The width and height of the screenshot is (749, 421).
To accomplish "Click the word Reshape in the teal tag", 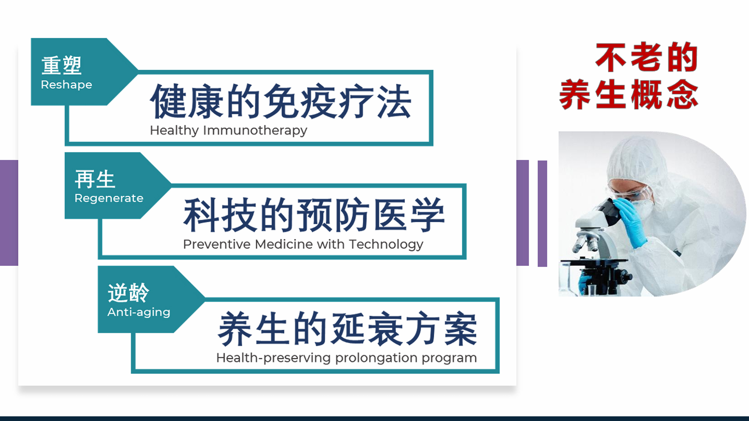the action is (x=66, y=85).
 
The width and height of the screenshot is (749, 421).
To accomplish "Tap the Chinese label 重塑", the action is (x=61, y=65).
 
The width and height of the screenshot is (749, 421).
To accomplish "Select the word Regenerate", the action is (x=109, y=198).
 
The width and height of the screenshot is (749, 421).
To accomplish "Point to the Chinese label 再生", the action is (x=95, y=179).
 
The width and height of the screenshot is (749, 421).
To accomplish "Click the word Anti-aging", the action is (x=139, y=312).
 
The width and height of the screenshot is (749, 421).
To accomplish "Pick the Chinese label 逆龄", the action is (x=128, y=293).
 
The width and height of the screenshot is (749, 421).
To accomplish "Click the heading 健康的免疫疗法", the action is (x=280, y=101).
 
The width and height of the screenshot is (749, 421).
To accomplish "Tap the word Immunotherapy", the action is (x=255, y=130).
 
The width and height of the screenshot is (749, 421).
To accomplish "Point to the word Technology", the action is (x=386, y=244).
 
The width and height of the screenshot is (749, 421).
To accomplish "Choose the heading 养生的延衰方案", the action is (x=348, y=329).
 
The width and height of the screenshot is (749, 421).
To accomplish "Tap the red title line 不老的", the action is (x=647, y=57).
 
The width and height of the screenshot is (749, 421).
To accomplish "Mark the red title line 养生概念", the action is (x=628, y=94).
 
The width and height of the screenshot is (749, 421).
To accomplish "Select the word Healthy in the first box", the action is (x=174, y=130).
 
